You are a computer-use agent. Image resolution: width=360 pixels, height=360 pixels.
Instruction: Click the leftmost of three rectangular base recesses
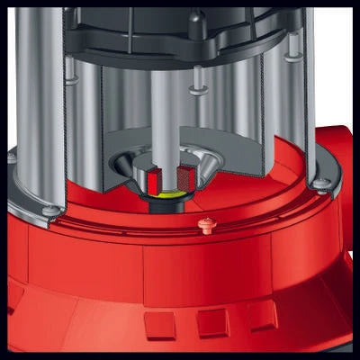coord(160,323)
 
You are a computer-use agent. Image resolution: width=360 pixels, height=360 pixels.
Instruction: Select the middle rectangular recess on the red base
coord(213,319)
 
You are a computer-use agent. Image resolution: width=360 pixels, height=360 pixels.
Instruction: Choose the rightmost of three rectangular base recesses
coord(261,312)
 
